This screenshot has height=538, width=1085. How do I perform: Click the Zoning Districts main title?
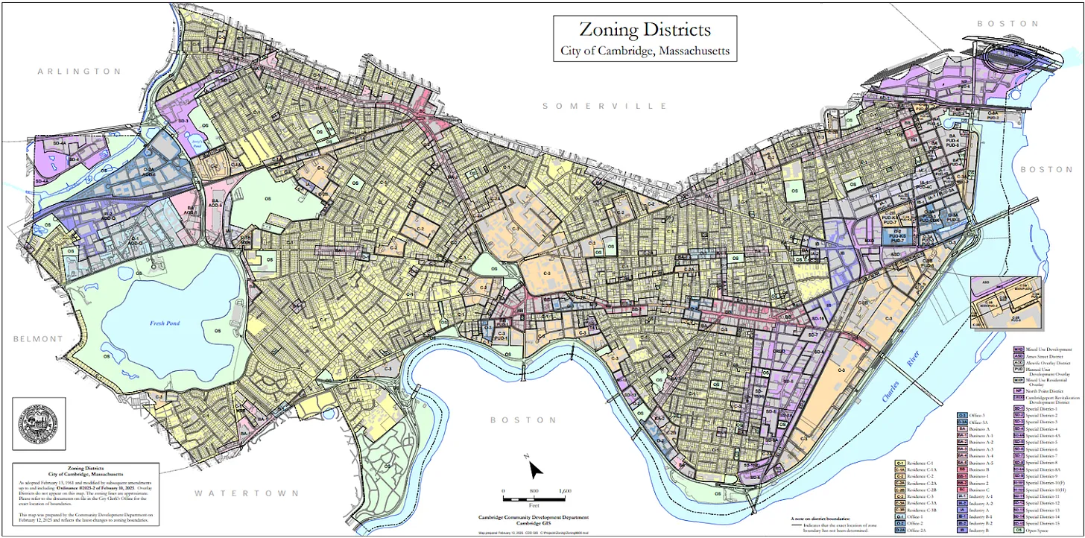pyautogui.click(x=645, y=31)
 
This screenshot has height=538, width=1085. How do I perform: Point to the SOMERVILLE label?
pyautogui.click(x=604, y=106)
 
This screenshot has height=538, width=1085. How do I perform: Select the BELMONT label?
pyautogui.click(x=38, y=339)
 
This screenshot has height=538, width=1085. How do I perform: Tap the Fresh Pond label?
pyautogui.click(x=166, y=323)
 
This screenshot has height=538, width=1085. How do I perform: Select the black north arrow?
pyautogui.click(x=536, y=469)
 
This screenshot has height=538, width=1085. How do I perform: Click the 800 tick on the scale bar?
pyautogui.click(x=534, y=492)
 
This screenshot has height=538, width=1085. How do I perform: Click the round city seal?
pyautogui.click(x=39, y=423)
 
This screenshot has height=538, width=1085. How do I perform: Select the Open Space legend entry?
pyautogui.click(x=1037, y=530)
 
